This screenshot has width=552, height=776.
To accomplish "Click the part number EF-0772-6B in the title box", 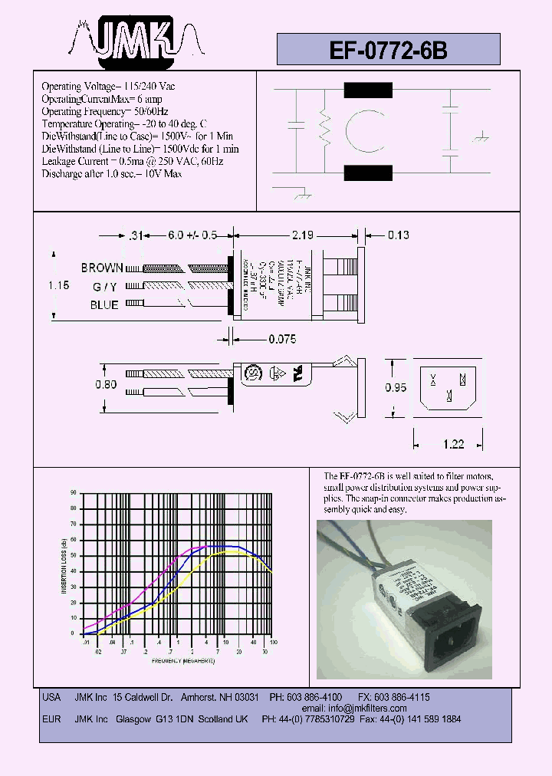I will (387, 49).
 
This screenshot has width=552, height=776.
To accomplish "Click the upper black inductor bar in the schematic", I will (368, 91).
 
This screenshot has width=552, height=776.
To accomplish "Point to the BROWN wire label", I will (101, 268).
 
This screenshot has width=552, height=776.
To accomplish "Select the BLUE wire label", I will (104, 305).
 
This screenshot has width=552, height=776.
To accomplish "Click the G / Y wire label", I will (106, 287).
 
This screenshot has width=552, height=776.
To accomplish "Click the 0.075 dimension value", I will (282, 338).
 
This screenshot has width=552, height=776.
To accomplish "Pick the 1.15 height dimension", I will (58, 284).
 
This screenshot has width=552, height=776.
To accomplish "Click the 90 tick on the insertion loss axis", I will (74, 492).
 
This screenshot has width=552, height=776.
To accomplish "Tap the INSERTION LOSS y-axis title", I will (64, 564).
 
